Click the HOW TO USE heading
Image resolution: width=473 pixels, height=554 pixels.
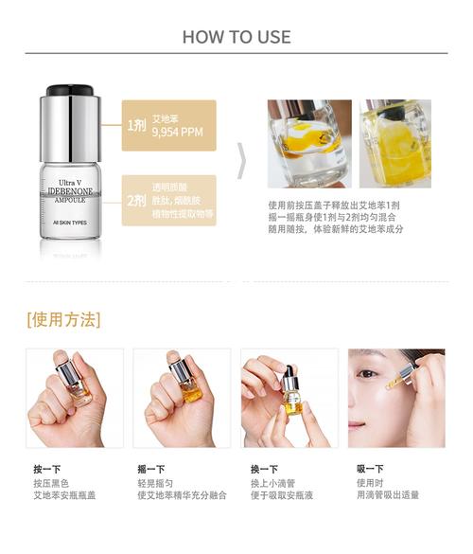(236, 37)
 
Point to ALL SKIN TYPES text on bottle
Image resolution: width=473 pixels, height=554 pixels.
(71, 223)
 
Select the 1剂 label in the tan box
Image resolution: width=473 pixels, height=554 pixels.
(136, 125)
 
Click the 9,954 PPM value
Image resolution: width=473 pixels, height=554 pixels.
(177, 133)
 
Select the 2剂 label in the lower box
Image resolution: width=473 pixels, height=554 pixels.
(136, 200)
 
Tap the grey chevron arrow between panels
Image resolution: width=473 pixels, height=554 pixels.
(241, 161)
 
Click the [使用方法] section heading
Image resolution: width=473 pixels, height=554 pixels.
(64, 318)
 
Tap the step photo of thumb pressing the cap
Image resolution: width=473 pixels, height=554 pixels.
(75, 398)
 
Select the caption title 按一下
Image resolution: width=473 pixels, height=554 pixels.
(46, 469)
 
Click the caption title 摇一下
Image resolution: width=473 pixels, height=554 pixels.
(151, 469)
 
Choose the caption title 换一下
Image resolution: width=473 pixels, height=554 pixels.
(264, 469)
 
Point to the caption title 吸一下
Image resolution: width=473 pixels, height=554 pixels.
(370, 469)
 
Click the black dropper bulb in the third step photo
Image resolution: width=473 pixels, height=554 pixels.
(291, 368)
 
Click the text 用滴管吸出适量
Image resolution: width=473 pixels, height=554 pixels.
(388, 494)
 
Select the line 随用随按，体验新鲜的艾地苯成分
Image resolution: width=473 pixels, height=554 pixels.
(336, 230)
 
